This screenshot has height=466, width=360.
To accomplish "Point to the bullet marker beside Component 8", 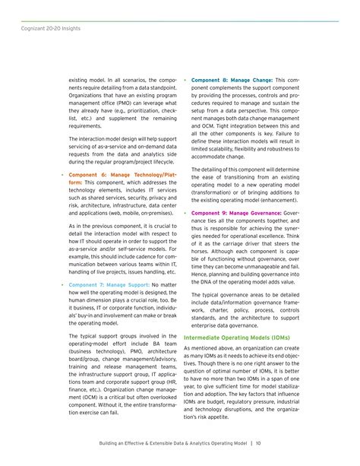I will click(x=185, y=80).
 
